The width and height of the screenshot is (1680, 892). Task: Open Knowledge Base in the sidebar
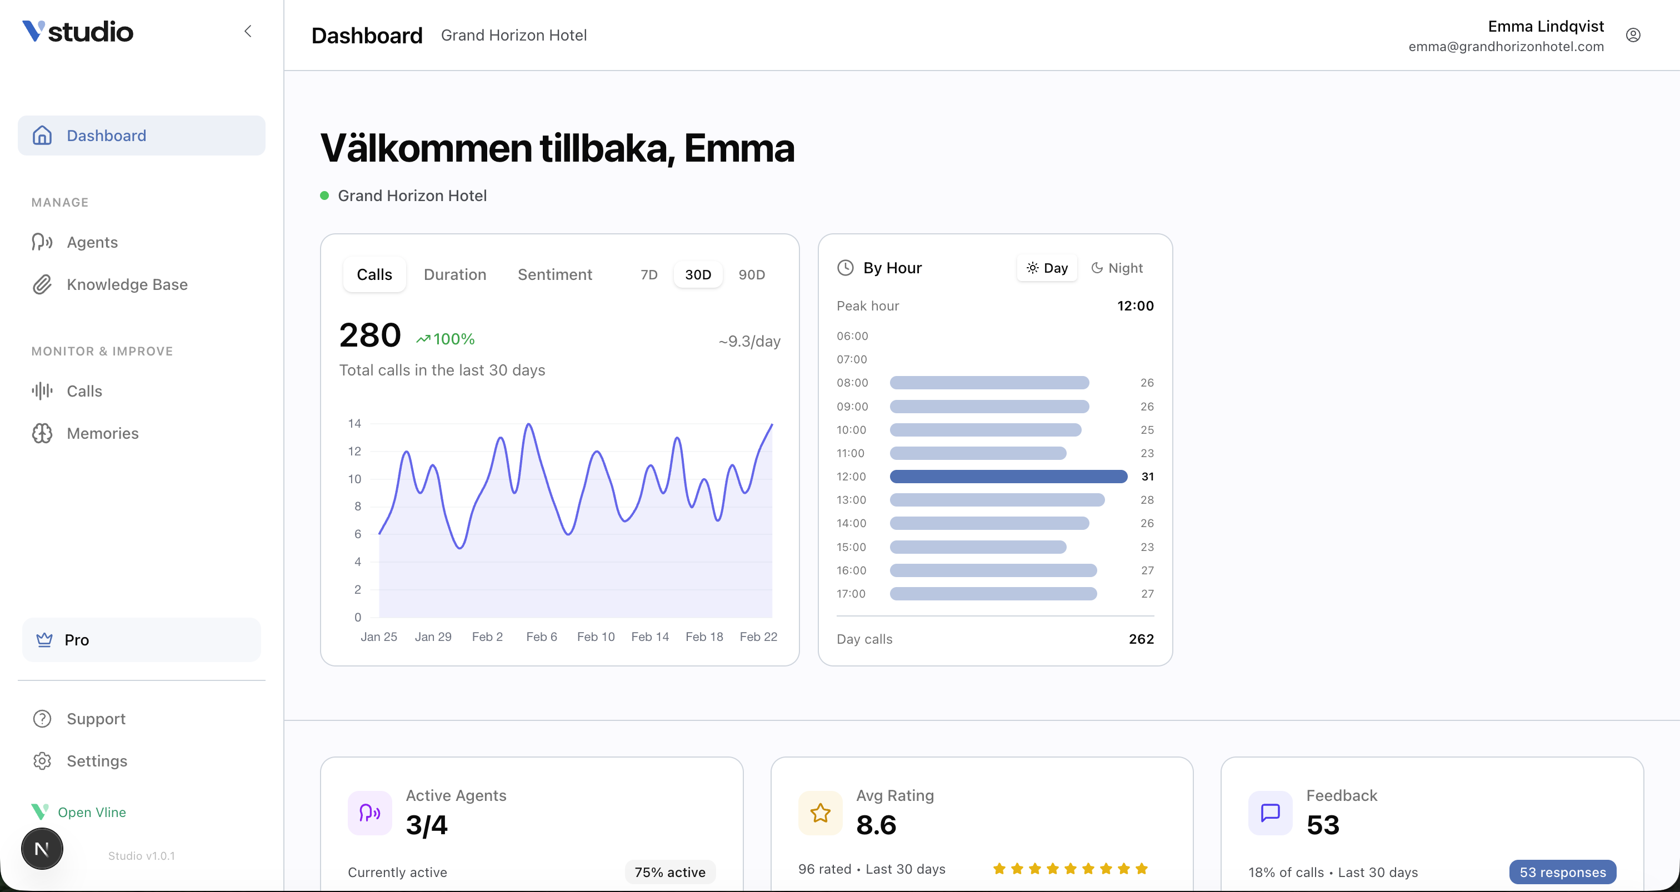pyautogui.click(x=127, y=285)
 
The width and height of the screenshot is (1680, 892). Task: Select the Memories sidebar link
pyautogui.click(x=102, y=434)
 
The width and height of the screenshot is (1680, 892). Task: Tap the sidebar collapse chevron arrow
pyautogui.click(x=248, y=31)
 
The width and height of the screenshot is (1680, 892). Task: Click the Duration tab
pyautogui.click(x=454, y=274)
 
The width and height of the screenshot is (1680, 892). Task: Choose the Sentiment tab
pyautogui.click(x=554, y=274)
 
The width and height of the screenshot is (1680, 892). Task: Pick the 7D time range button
pyautogui.click(x=648, y=274)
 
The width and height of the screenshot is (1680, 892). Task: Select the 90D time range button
pyautogui.click(x=751, y=274)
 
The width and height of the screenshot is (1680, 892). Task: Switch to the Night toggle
pyautogui.click(x=1117, y=268)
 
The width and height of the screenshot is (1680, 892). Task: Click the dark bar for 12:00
pyautogui.click(x=1008, y=477)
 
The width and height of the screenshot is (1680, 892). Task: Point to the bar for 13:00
pyautogui.click(x=997, y=500)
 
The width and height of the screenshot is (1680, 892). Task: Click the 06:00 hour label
pyautogui.click(x=852, y=337)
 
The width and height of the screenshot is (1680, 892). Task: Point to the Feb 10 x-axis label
pyautogui.click(x=596, y=637)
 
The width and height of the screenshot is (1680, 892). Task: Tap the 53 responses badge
pyautogui.click(x=1562, y=873)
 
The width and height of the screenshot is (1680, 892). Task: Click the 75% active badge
pyautogui.click(x=670, y=873)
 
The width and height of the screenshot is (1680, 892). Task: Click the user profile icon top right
pyautogui.click(x=1632, y=35)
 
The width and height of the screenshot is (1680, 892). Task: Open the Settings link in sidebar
pyautogui.click(x=97, y=761)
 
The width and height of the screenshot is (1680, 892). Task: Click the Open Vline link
pyautogui.click(x=91, y=813)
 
